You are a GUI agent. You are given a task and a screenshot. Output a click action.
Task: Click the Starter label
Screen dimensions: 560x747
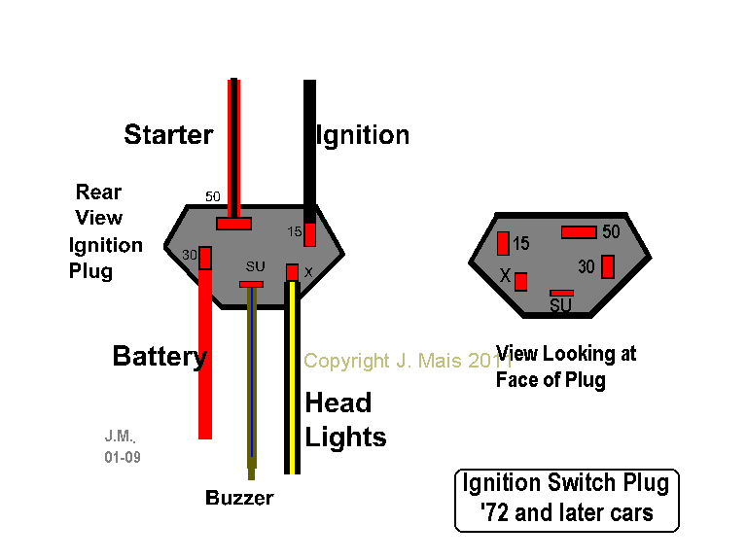coord(168,135)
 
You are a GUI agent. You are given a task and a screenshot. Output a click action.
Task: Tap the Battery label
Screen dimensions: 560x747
coord(160,357)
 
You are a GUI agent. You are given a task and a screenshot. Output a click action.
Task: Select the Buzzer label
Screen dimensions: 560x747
coord(239,499)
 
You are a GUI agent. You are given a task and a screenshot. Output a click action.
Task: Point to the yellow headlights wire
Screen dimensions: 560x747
coord(292,389)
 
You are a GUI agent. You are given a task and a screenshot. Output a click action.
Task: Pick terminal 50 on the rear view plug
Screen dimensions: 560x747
coord(233,224)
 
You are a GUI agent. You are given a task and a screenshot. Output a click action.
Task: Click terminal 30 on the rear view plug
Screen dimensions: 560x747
coord(205,258)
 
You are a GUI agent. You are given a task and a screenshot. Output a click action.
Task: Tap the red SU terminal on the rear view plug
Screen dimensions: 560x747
coord(251,284)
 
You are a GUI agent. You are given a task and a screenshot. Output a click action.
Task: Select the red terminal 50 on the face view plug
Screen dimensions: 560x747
coord(579,232)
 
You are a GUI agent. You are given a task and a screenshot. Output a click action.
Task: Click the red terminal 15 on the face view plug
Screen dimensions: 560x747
coord(502,243)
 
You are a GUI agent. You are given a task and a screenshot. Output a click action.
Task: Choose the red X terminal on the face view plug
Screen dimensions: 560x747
coord(520,282)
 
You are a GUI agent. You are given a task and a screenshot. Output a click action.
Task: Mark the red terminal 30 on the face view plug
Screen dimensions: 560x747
coord(608,265)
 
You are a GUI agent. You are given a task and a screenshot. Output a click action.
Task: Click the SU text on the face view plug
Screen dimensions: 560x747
coord(560,306)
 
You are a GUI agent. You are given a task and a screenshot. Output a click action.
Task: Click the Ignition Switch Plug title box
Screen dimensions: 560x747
coord(566,500)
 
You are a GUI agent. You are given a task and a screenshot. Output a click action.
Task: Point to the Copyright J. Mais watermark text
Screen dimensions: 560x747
coord(408,361)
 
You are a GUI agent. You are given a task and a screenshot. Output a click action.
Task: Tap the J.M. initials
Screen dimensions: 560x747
coord(119,437)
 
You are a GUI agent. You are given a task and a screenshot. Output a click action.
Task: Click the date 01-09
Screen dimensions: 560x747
coord(123,456)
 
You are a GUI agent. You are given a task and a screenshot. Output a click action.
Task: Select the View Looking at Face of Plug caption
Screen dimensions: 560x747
coord(565,367)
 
